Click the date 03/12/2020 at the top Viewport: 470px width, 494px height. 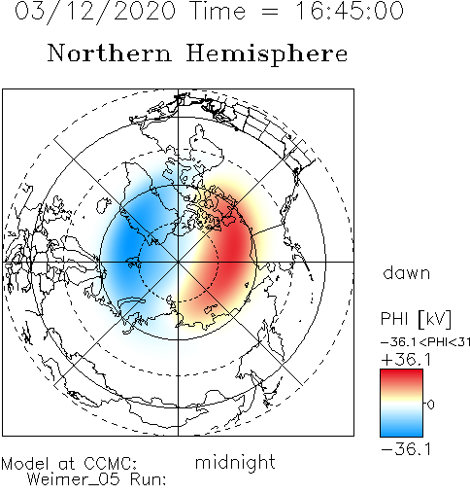coord(95,12)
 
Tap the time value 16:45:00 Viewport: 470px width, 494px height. coord(350,11)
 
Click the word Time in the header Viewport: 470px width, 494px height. coord(218,11)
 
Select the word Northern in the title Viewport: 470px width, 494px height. coord(109,53)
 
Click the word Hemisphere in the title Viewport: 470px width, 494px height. coord(267,54)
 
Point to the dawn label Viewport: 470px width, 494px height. coord(407,272)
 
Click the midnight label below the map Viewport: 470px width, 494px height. coord(235,463)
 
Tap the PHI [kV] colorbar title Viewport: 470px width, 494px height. coord(416,319)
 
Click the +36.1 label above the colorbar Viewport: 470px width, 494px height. coord(406,360)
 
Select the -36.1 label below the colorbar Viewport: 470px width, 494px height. coord(406,449)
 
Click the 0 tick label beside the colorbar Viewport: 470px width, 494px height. coord(430,405)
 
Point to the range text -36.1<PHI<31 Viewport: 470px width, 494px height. coord(425,342)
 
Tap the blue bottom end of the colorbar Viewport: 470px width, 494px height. coord(401,432)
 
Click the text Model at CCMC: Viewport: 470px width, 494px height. coord(69,464)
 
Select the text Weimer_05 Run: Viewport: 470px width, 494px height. coord(96,479)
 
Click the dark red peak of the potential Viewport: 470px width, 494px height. coord(235,245)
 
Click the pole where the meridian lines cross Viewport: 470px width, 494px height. coord(178,262)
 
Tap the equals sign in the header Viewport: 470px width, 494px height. coord(270,13)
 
